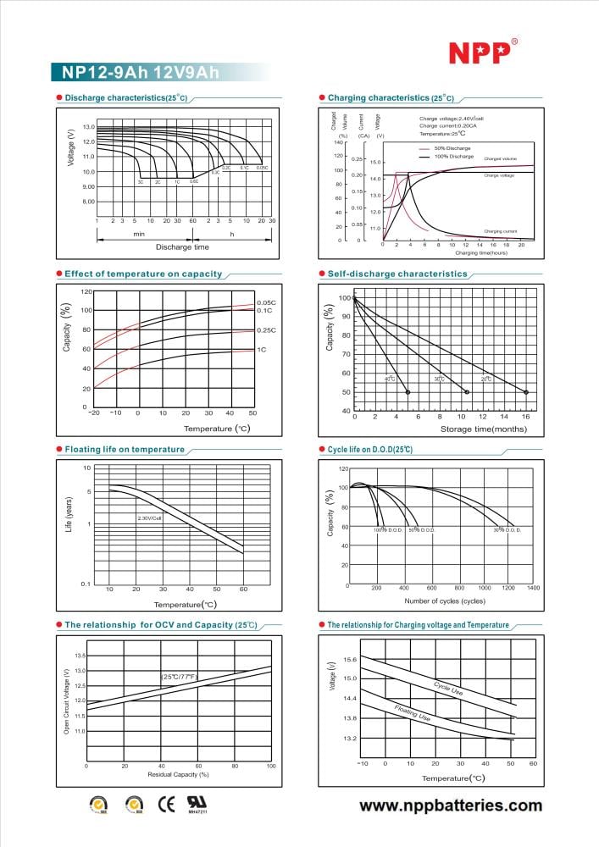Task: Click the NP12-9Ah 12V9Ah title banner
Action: (136, 74)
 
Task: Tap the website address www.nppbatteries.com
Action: (451, 805)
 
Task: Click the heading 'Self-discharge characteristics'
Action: (397, 274)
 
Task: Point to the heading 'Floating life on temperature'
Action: (125, 449)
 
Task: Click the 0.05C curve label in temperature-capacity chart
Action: (266, 302)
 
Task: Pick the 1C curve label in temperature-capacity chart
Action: (262, 349)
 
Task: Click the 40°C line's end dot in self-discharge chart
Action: (408, 392)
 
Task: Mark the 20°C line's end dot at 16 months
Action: (526, 392)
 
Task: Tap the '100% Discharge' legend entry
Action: (453, 157)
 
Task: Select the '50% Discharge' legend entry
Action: (452, 148)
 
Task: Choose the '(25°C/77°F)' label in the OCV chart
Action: (179, 677)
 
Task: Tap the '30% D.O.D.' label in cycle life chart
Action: (507, 529)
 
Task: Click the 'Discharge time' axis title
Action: (182, 246)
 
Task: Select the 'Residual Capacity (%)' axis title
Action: (178, 774)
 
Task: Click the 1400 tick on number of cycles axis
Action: (534, 587)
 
